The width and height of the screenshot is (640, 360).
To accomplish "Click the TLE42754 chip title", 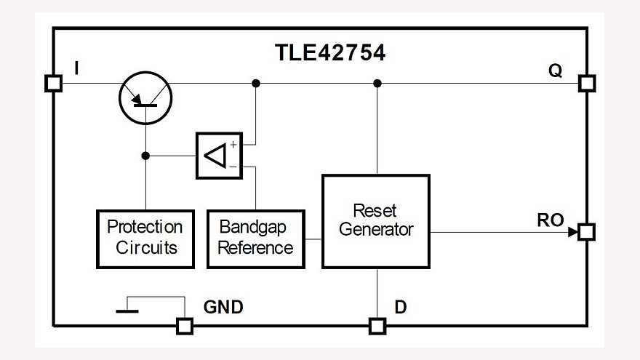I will coord(329,52).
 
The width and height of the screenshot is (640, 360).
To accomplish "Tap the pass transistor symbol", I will coord(145,97).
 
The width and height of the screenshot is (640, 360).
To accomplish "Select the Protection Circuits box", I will coord(145,238).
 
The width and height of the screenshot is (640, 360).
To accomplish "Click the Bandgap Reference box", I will coord(256,238).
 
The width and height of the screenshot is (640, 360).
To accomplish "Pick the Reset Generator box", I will coord(375,220).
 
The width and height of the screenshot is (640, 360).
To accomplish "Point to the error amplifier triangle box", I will coord(218,156).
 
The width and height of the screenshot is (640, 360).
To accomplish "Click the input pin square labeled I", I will coord(53,83).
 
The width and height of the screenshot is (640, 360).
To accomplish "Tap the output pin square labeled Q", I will coord(586,83).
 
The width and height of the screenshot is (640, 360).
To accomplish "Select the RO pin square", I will coord(586,232).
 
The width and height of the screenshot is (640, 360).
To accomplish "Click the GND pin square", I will coord(185,326).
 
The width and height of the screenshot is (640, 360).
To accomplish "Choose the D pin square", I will coord(377,326).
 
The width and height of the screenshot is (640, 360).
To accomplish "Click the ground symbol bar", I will coord(127,311).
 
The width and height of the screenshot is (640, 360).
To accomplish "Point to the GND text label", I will coord(223,308).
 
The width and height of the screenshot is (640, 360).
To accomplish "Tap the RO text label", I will coord(551,220).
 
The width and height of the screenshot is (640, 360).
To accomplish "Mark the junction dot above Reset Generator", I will coord(377,84).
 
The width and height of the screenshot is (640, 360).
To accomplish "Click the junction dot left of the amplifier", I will coord(145,156).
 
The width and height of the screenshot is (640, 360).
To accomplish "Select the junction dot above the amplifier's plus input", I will coord(255,84).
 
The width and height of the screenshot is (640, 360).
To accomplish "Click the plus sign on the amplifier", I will coord(233,145).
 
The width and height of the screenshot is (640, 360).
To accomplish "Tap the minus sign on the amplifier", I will coord(233,167).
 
